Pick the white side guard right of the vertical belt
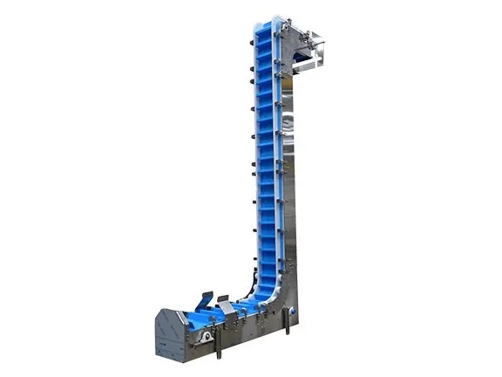coord(277,175)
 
